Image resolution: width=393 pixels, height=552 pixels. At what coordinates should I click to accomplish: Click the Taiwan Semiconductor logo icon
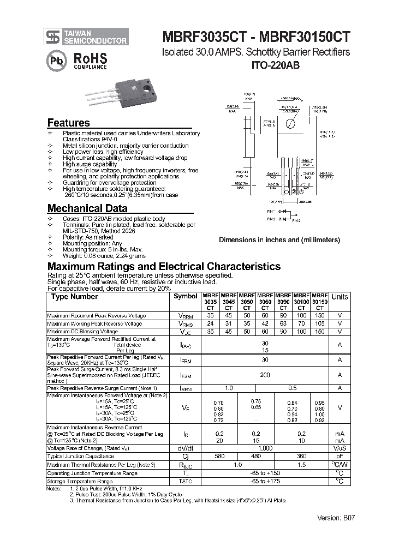[53, 37]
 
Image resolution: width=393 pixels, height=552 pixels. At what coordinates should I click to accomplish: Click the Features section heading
[68, 123]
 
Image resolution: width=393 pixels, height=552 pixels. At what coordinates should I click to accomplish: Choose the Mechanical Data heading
[87, 208]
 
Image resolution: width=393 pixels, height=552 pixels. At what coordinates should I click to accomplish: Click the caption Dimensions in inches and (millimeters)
[279, 240]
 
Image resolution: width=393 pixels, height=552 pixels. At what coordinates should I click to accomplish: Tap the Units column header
[340, 297]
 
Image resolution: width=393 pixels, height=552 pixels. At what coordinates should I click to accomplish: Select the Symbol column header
[186, 296]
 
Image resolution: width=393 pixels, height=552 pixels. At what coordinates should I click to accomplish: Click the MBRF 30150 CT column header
[319, 301]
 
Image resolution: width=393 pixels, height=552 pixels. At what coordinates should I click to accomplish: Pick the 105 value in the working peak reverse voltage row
[319, 323]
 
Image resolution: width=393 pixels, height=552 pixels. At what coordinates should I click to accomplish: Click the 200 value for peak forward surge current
[265, 375]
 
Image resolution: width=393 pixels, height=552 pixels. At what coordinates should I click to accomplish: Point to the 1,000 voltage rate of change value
[265, 448]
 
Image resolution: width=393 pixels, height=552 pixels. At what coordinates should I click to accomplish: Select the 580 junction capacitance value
[219, 456]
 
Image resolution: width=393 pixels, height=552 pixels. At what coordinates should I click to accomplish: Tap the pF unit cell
[340, 456]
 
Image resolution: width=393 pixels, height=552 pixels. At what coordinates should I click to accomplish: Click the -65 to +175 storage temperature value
[265, 482]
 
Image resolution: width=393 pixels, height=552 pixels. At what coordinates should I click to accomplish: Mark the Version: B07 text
[336, 518]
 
